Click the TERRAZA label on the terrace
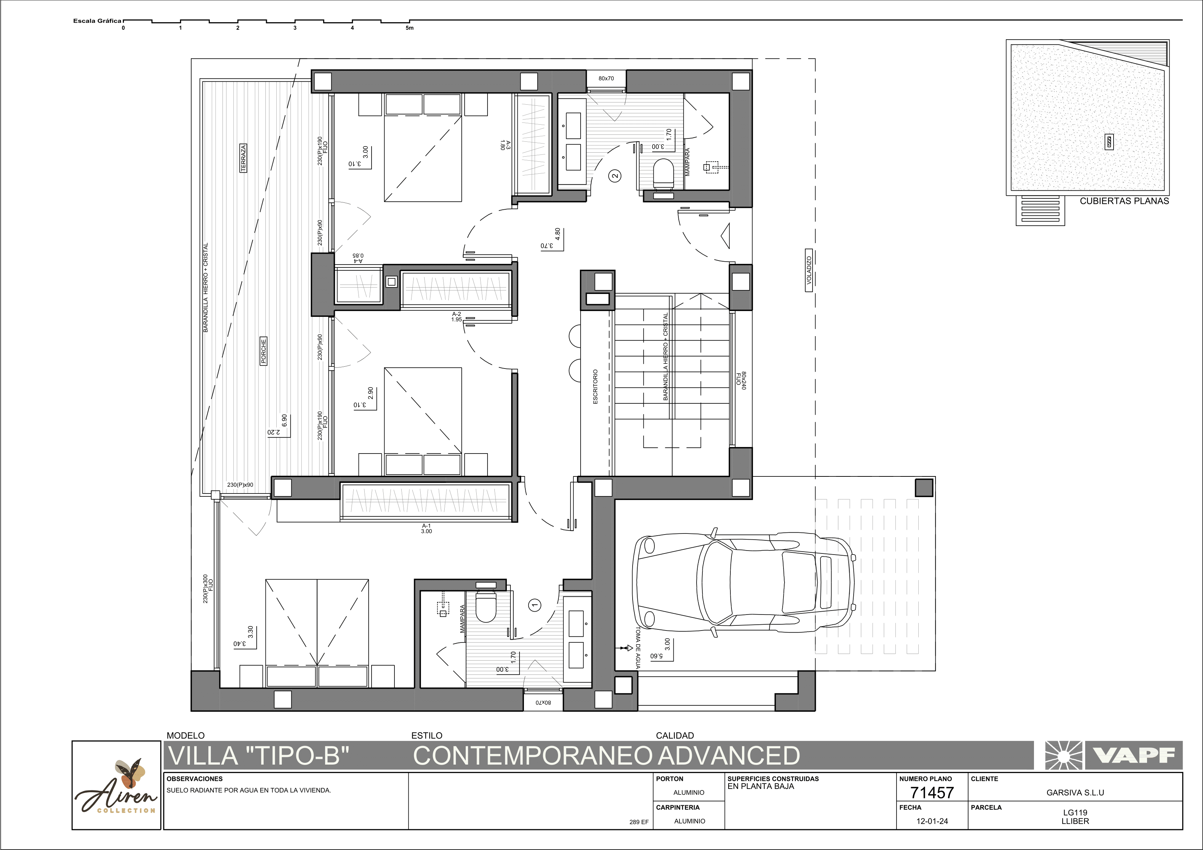coord(243,158)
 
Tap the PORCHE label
coord(264,351)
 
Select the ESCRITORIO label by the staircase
coord(595,387)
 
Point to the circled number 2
coord(615,176)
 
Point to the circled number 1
coord(535,605)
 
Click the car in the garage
coord(743,582)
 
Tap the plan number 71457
coord(932,792)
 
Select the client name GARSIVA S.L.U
coord(1075,792)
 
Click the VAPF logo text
coord(1134,755)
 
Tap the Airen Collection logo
coord(116,786)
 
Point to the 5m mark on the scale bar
coord(409,28)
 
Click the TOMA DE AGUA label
coord(638,648)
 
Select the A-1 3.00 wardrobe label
coord(426,528)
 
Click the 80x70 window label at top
coord(606,78)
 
